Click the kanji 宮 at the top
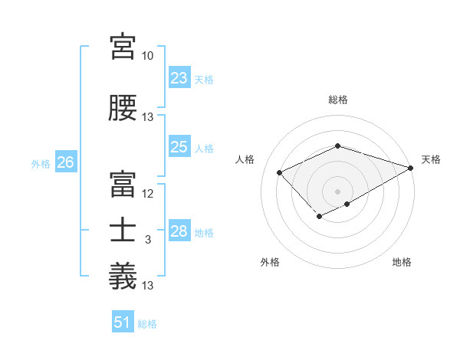pyautogui.click(x=123, y=47)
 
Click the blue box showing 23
pyautogui.click(x=179, y=78)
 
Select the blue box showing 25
pyautogui.click(x=179, y=148)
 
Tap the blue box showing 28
pyautogui.click(x=179, y=232)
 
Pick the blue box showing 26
pyautogui.click(x=65, y=162)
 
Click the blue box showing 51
pyautogui.click(x=122, y=322)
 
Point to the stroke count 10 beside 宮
pyautogui.click(x=147, y=56)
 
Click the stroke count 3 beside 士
pyautogui.click(x=148, y=240)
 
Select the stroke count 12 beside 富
pyautogui.click(x=147, y=193)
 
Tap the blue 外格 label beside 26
pyautogui.click(x=41, y=163)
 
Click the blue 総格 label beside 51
pyautogui.click(x=147, y=324)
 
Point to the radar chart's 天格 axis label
pyautogui.click(x=431, y=159)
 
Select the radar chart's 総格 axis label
pyautogui.click(x=337, y=100)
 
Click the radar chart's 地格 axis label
pyautogui.click(x=402, y=262)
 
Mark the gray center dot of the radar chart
pyautogui.click(x=337, y=191)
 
